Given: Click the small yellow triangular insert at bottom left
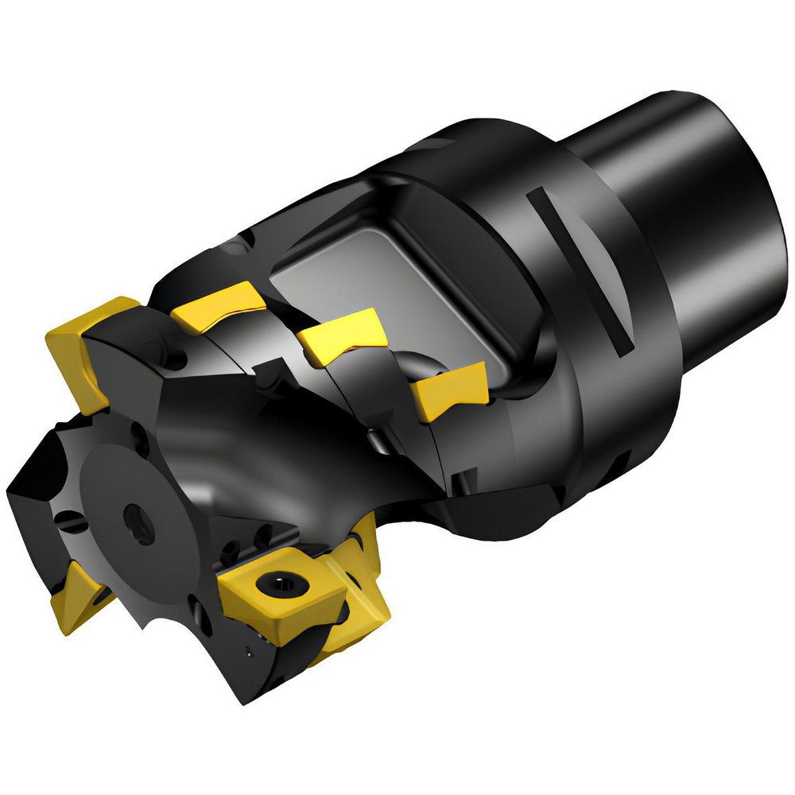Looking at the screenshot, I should point(76,597).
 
